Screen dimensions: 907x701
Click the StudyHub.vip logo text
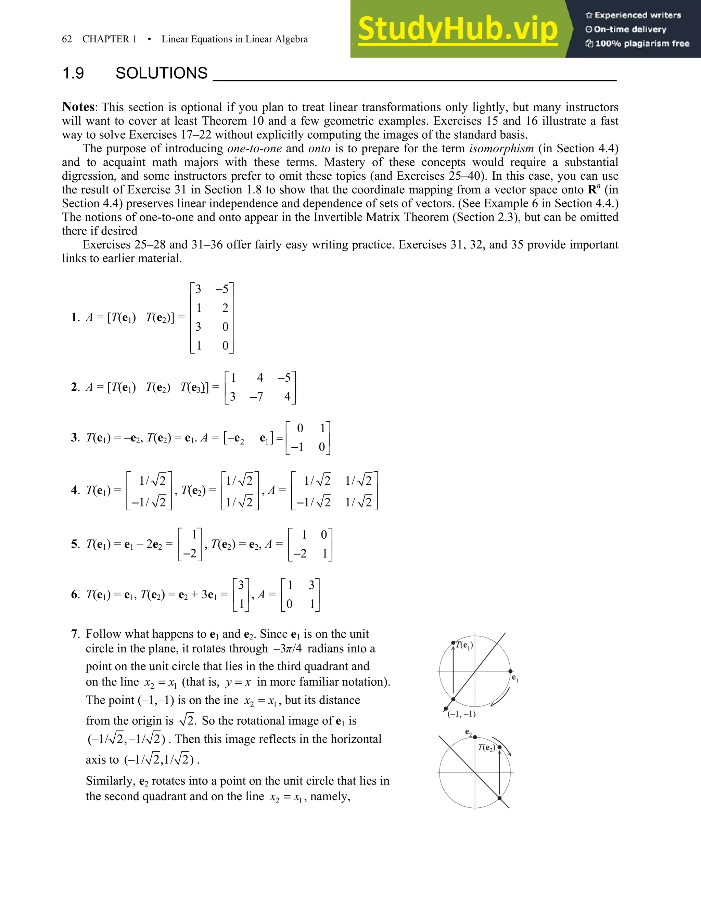tap(458, 29)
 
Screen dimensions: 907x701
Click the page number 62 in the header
tap(67, 39)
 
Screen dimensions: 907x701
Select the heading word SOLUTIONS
tap(161, 73)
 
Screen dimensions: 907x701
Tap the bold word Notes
tap(78, 107)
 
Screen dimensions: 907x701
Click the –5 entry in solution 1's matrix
tap(222, 290)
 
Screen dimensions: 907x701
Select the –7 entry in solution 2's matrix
tap(256, 397)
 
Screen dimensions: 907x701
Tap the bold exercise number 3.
tap(74, 438)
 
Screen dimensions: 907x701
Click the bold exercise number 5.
tap(74, 544)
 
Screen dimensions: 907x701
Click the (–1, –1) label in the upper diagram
tap(461, 714)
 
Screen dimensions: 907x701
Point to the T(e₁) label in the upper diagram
tap(464, 645)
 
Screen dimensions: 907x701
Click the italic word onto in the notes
tap(319, 148)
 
